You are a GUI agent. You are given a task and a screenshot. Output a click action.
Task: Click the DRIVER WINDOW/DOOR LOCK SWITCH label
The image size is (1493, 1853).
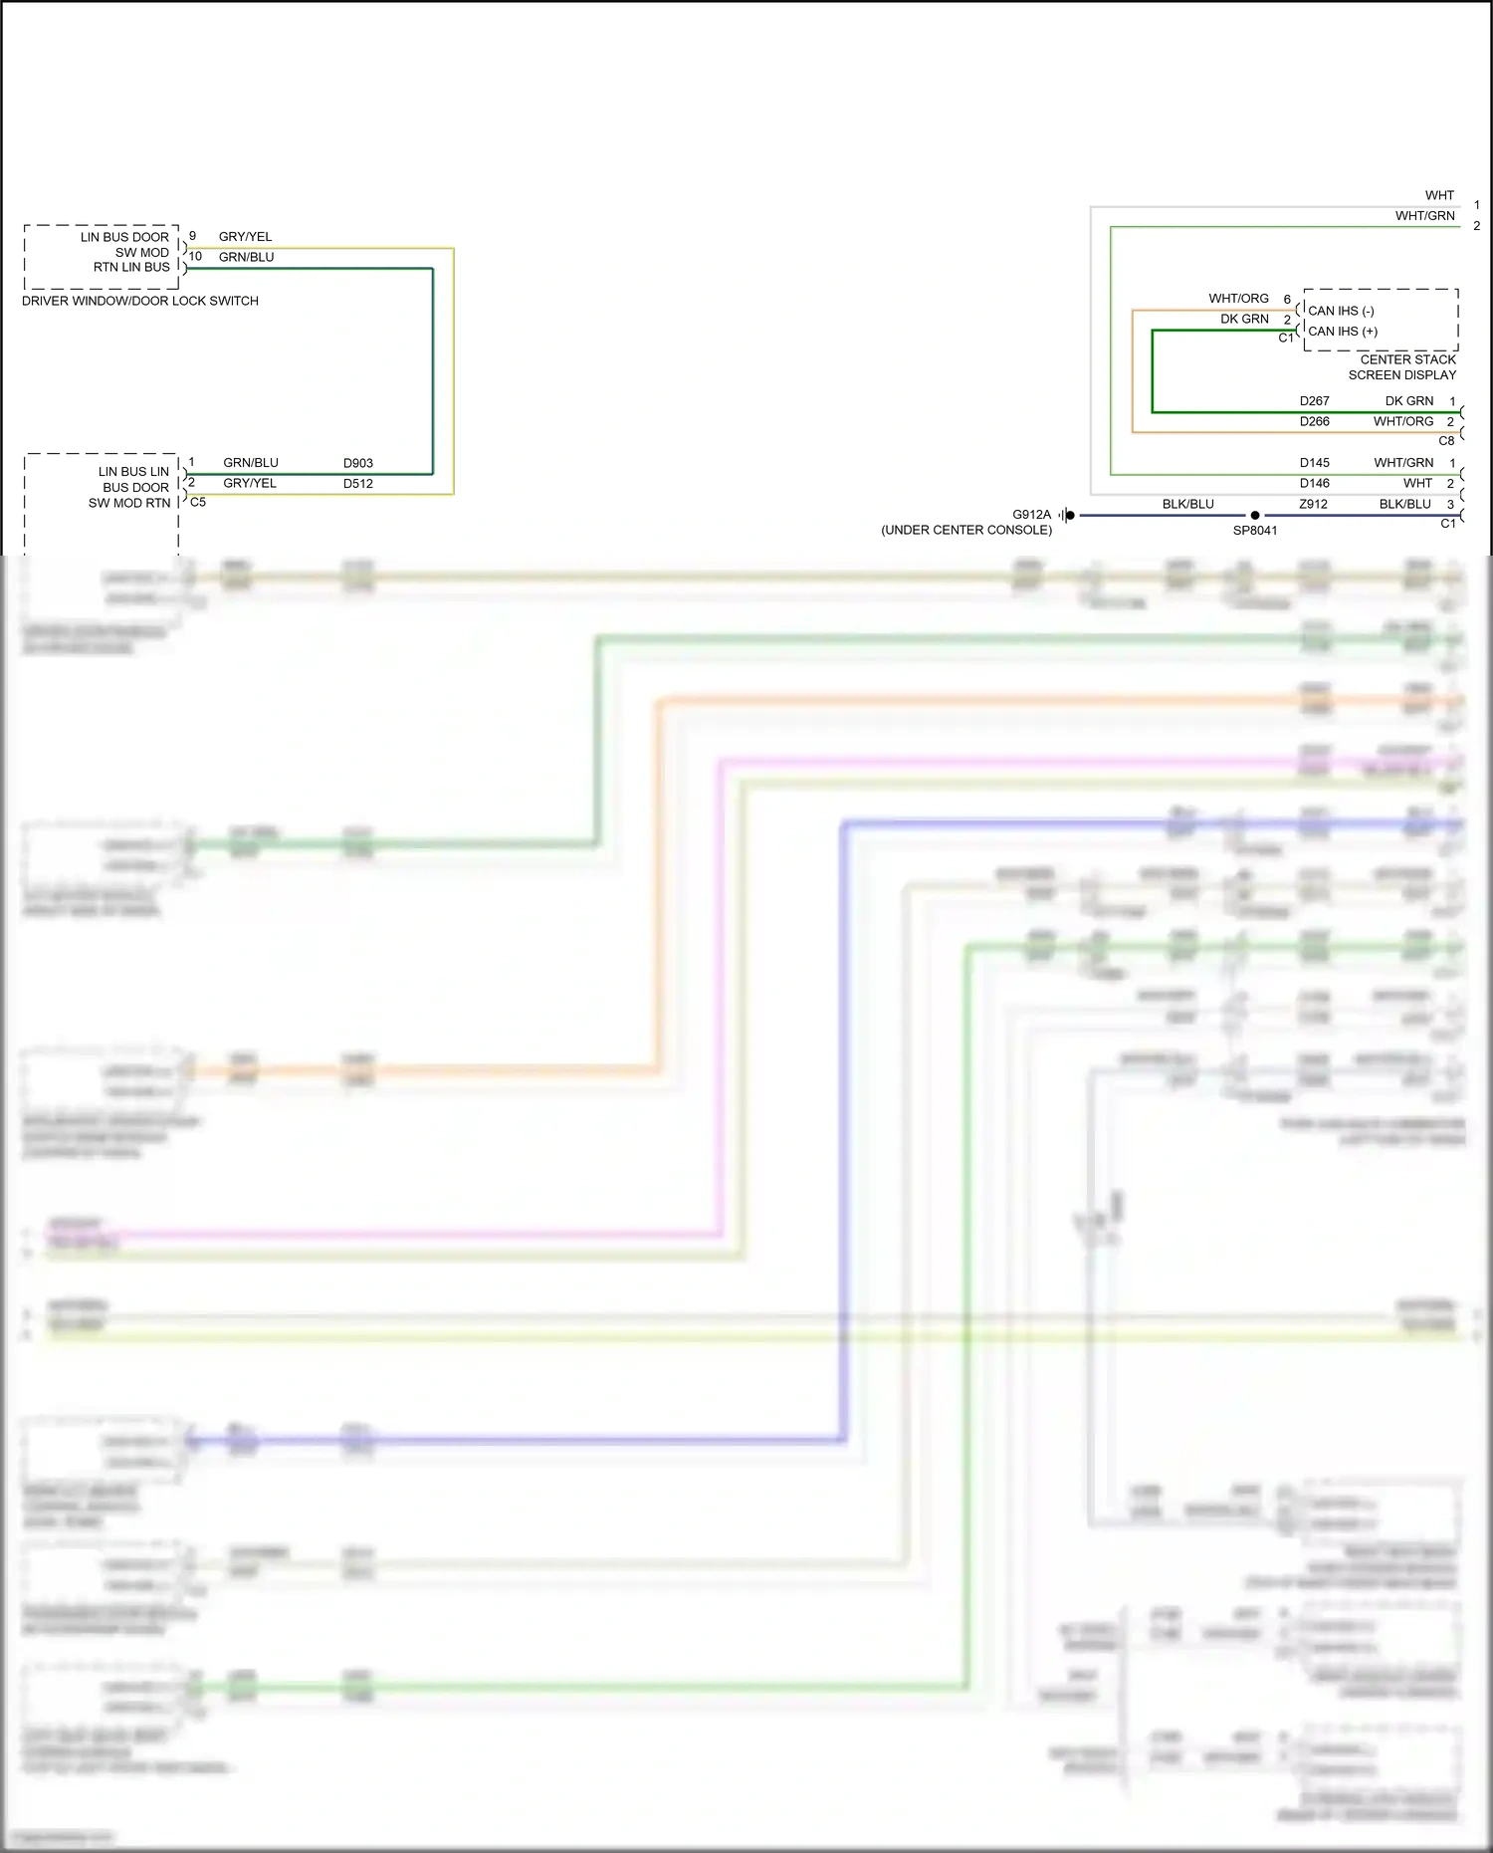pos(140,301)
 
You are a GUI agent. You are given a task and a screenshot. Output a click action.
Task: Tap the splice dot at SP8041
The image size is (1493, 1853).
pos(1255,515)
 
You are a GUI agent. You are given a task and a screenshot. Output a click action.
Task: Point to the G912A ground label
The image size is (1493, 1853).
pos(1031,515)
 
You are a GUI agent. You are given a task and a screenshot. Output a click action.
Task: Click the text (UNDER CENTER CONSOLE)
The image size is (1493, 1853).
pos(965,530)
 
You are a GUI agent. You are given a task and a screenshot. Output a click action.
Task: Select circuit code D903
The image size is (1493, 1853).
pos(358,463)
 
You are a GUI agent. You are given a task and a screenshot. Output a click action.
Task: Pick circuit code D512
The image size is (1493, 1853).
pos(358,484)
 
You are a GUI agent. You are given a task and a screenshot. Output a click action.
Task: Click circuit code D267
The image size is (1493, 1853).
pos(1314,401)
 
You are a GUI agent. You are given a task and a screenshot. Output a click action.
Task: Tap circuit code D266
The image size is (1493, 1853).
pos(1314,421)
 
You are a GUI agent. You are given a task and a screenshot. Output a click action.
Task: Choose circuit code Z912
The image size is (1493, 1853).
pos(1313,504)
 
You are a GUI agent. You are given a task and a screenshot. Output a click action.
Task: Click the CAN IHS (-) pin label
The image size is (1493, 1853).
pos(1341,311)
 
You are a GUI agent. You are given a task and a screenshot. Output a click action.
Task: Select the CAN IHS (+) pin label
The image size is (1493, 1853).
pos(1343,332)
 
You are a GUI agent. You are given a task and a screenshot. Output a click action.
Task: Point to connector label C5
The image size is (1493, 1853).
pos(198,502)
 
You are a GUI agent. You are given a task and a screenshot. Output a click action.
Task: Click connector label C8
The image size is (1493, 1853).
pos(1446,440)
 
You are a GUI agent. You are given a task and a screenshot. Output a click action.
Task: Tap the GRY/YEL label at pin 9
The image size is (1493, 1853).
pos(245,237)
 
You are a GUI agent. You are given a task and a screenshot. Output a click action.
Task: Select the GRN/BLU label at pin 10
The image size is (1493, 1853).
pos(246,257)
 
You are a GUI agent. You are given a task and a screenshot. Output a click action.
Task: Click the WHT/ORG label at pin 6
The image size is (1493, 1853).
pos(1238,299)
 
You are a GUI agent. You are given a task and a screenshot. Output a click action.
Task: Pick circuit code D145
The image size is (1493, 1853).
pos(1314,463)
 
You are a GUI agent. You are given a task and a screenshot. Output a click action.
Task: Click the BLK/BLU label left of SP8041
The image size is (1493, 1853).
pos(1187,504)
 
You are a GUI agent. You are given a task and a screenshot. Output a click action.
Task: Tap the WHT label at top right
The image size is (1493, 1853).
pos(1439,195)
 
